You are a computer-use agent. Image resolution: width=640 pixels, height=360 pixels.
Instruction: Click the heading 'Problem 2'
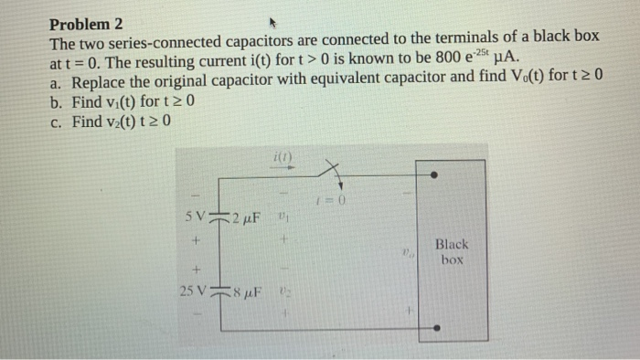[x=86, y=23]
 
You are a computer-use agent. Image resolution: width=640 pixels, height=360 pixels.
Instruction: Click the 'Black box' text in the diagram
[x=451, y=251]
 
